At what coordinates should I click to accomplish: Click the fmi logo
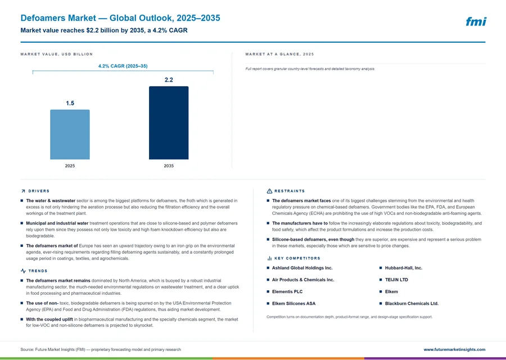pos(476,21)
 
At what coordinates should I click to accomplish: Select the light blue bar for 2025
pos(70,134)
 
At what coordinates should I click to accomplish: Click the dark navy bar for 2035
pos(169,123)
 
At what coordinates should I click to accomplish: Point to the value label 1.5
pos(70,103)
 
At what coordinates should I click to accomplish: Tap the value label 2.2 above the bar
pos(169,80)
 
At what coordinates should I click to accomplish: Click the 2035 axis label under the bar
pos(169,165)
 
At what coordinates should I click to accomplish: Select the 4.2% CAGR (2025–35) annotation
pos(123,66)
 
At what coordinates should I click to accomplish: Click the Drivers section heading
pos(39,191)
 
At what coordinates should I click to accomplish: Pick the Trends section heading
pos(38,271)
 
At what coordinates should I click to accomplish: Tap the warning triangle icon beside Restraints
pos(269,191)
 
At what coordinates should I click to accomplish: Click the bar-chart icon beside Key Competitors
pos(269,258)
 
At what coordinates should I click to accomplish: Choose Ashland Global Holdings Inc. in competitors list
pos(302,268)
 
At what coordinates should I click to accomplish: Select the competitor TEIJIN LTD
pos(396,280)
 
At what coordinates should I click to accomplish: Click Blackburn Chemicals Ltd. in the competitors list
pos(412,304)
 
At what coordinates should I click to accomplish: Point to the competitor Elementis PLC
pos(287,291)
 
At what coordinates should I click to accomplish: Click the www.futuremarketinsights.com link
pos(454,349)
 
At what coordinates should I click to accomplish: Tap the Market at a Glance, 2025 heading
pos(279,54)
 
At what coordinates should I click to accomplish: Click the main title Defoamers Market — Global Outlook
pos(120,18)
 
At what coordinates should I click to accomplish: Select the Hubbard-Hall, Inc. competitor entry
pos(403,268)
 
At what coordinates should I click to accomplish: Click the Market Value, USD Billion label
pos(56,54)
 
